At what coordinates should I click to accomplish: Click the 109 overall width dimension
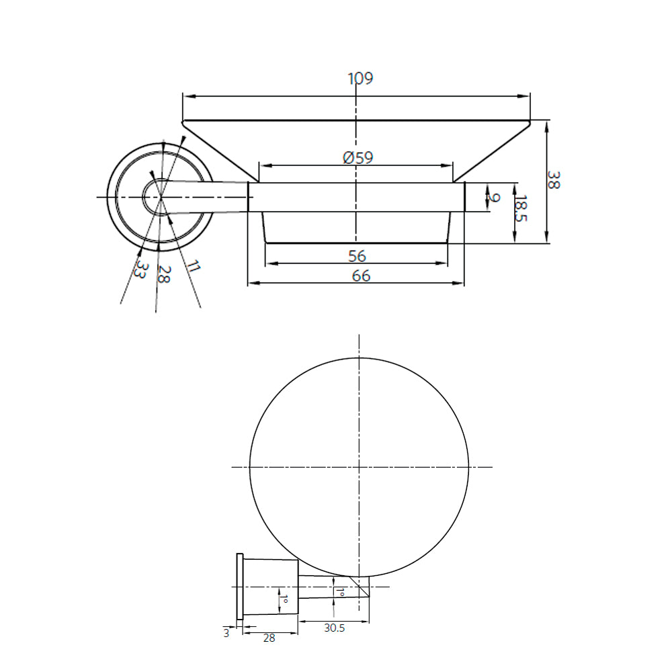360,78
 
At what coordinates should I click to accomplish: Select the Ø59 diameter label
358,158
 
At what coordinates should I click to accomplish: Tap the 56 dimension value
357,255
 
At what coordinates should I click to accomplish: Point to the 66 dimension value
361,276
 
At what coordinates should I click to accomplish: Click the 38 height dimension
553,179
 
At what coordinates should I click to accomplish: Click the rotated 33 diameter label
140,270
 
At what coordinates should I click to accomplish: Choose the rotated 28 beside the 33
162,274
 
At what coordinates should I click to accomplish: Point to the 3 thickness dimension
226,632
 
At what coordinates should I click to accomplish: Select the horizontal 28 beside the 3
269,638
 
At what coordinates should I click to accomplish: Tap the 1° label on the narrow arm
340,593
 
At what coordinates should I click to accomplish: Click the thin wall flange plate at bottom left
239,587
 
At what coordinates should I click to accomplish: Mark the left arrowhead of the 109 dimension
186,97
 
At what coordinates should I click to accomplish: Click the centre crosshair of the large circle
360,466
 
